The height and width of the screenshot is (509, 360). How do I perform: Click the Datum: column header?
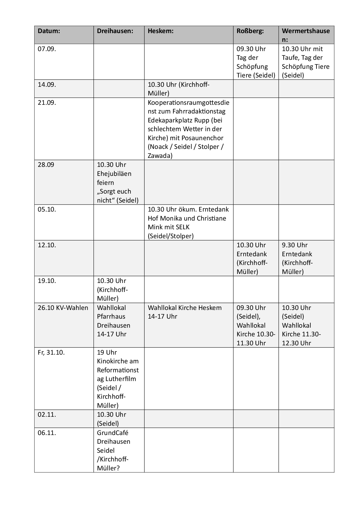point(49,31)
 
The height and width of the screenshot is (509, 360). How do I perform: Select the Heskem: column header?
point(161,31)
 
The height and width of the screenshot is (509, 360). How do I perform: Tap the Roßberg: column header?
point(250,31)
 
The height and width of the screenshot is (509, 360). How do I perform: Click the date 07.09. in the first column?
point(47,49)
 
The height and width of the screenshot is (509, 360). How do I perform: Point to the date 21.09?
point(47,102)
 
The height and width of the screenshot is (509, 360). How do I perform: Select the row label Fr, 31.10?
point(51,352)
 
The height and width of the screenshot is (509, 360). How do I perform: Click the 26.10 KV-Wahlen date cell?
point(63,308)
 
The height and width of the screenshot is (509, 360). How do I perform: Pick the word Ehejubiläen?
point(114,174)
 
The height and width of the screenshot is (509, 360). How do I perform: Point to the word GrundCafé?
point(113,433)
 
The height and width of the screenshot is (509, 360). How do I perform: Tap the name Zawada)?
point(160,156)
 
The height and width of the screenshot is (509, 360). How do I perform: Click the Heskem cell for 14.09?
point(188,89)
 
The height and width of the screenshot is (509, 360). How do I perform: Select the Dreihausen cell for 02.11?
point(119,419)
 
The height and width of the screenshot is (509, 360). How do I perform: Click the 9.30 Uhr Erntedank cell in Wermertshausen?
point(306,258)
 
